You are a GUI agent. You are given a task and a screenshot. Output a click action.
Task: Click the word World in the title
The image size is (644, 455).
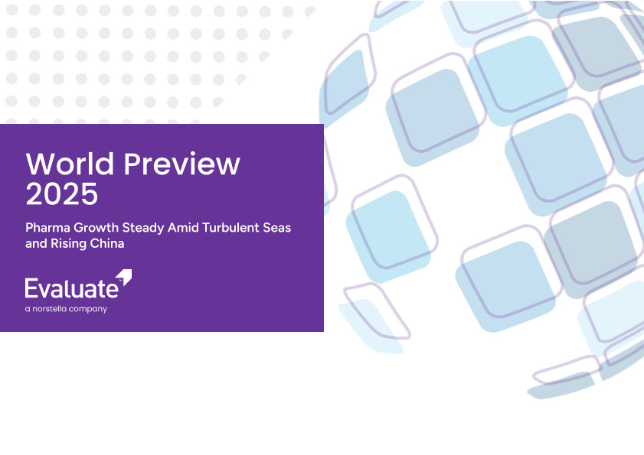(70, 164)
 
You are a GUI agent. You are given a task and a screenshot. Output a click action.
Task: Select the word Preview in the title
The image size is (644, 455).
(182, 164)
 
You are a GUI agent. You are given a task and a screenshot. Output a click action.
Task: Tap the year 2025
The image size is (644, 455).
(61, 193)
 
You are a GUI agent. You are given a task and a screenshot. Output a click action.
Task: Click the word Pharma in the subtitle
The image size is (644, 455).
(47, 227)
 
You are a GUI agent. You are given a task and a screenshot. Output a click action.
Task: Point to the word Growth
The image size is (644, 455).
(96, 227)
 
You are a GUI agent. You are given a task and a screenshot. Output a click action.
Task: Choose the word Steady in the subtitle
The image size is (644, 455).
(143, 228)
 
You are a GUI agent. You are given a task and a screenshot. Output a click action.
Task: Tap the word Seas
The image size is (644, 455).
(277, 227)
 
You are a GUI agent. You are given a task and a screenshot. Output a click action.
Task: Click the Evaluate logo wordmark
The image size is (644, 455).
(72, 288)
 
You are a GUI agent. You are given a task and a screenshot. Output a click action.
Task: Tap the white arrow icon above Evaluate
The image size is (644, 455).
(123, 277)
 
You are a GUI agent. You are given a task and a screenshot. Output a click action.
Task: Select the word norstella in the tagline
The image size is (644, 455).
(50, 308)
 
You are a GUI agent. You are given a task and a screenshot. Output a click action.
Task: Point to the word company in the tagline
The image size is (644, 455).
(88, 310)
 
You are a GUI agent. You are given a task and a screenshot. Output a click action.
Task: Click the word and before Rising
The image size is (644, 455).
(36, 243)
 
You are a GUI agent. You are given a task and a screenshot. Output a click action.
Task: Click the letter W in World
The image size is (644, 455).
(42, 164)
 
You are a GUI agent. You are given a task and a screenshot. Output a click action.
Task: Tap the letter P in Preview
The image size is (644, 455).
(132, 164)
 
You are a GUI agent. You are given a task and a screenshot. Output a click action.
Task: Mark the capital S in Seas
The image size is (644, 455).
(267, 227)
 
